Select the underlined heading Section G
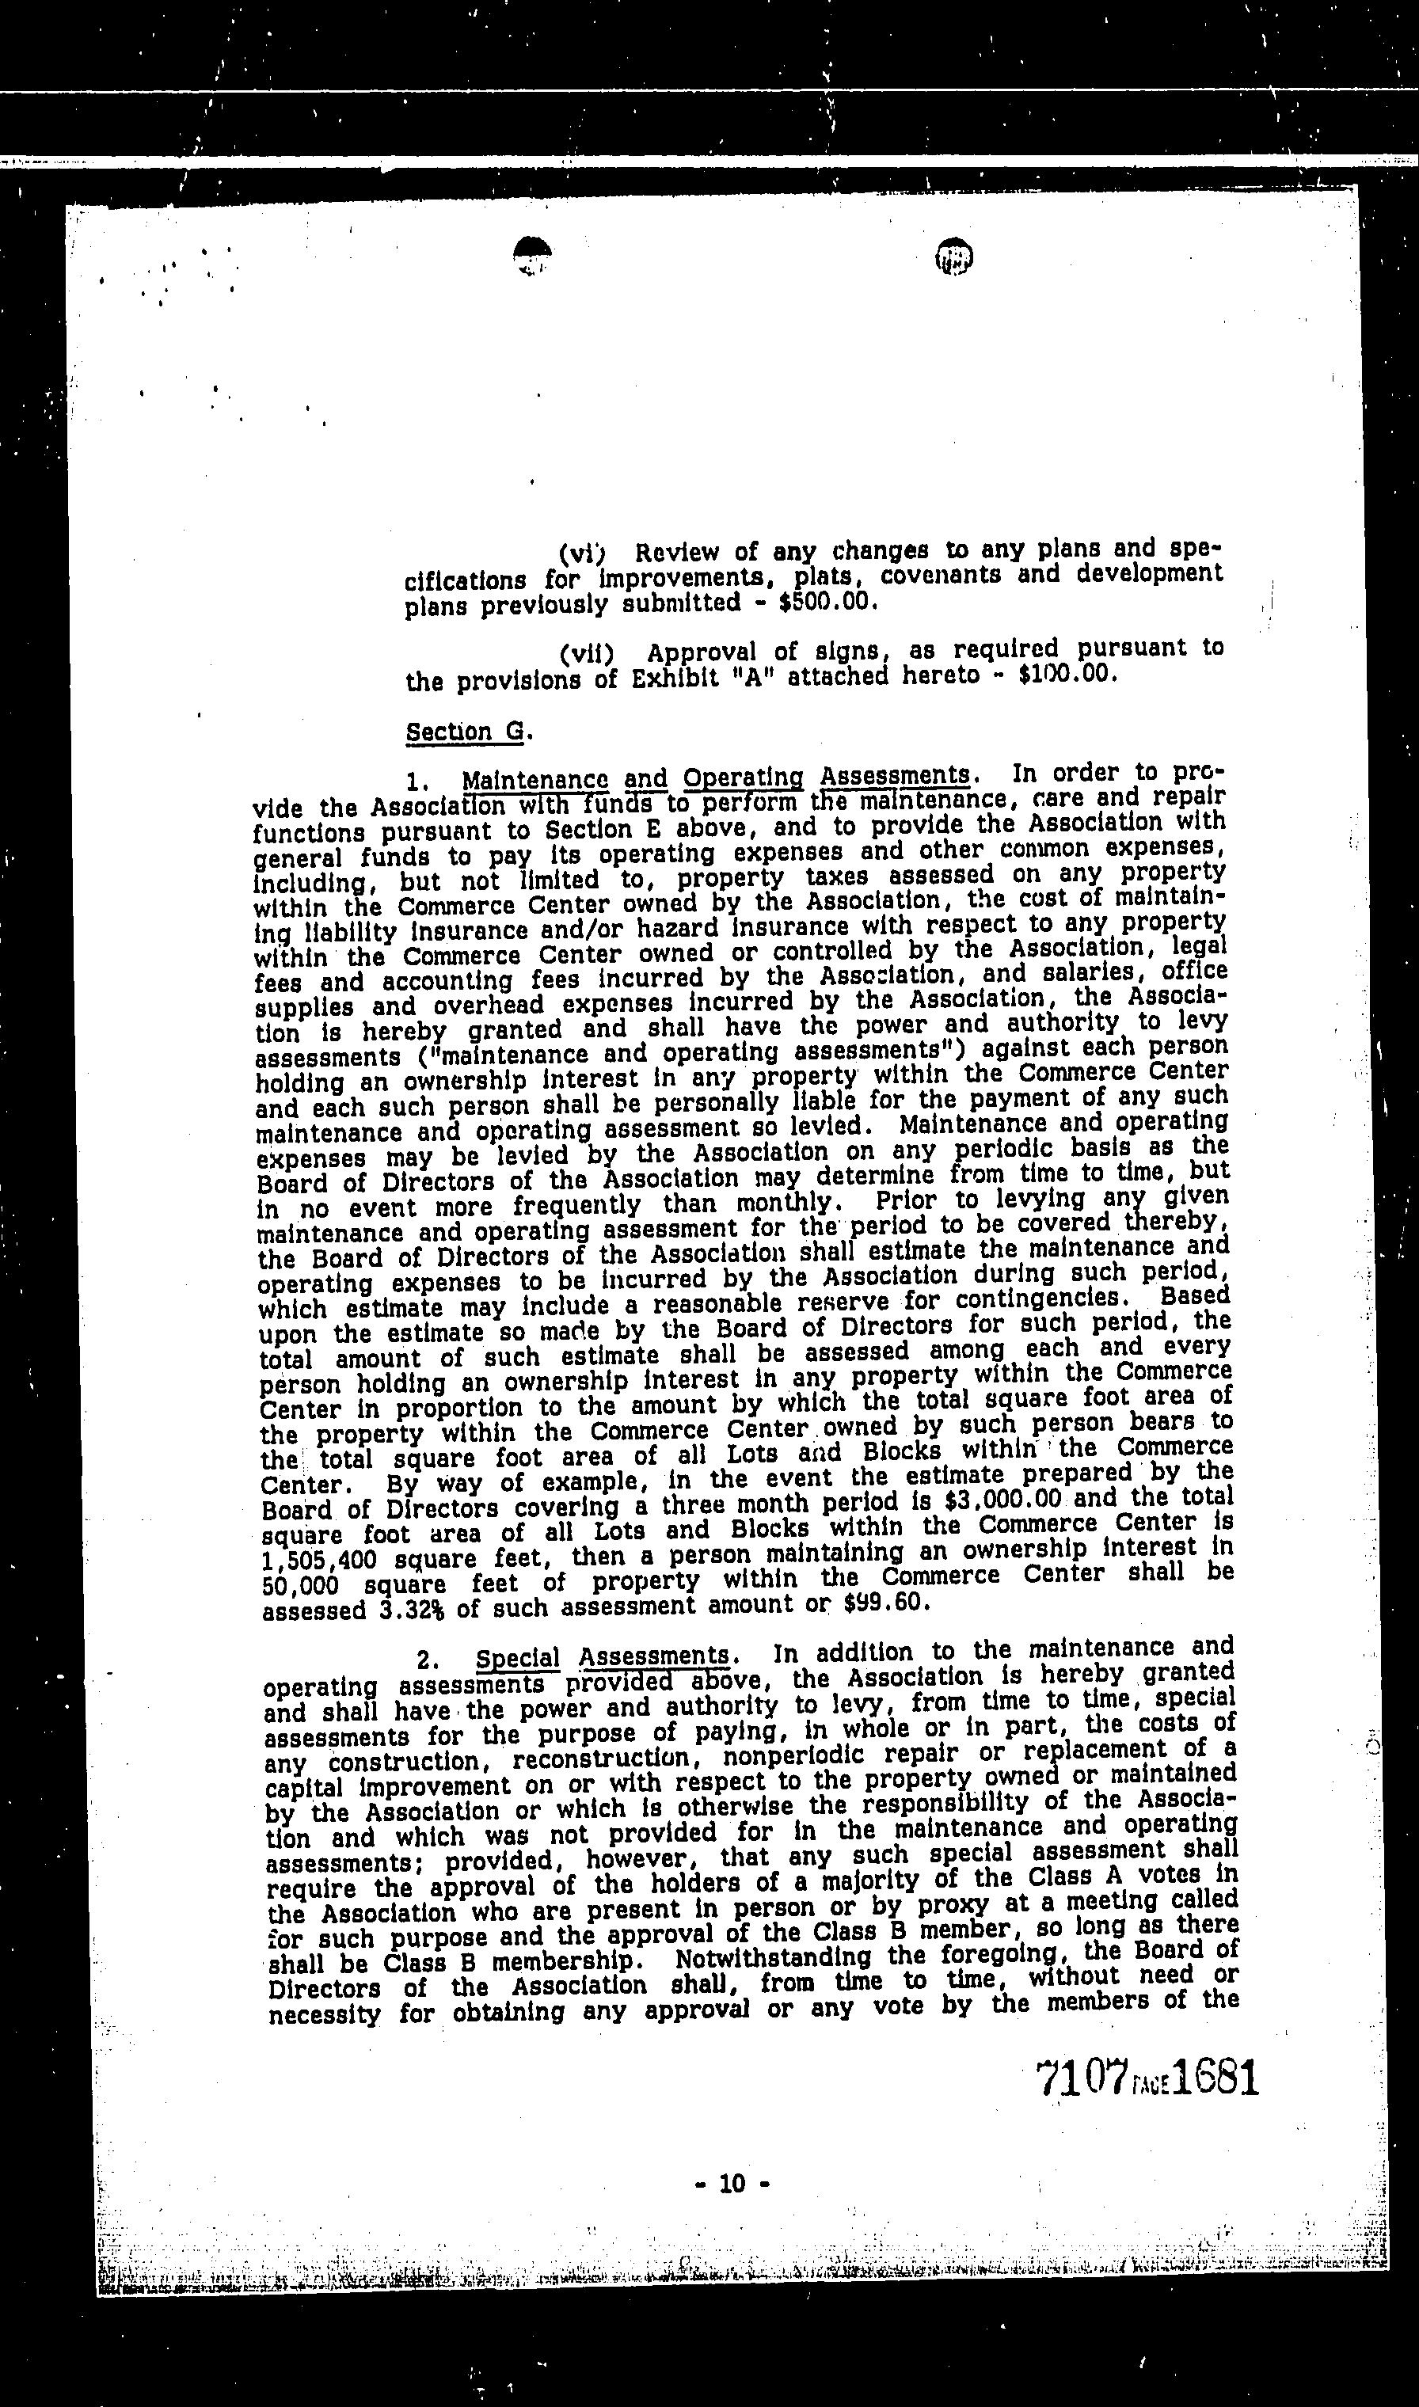[x=465, y=732]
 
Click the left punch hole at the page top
[x=533, y=254]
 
